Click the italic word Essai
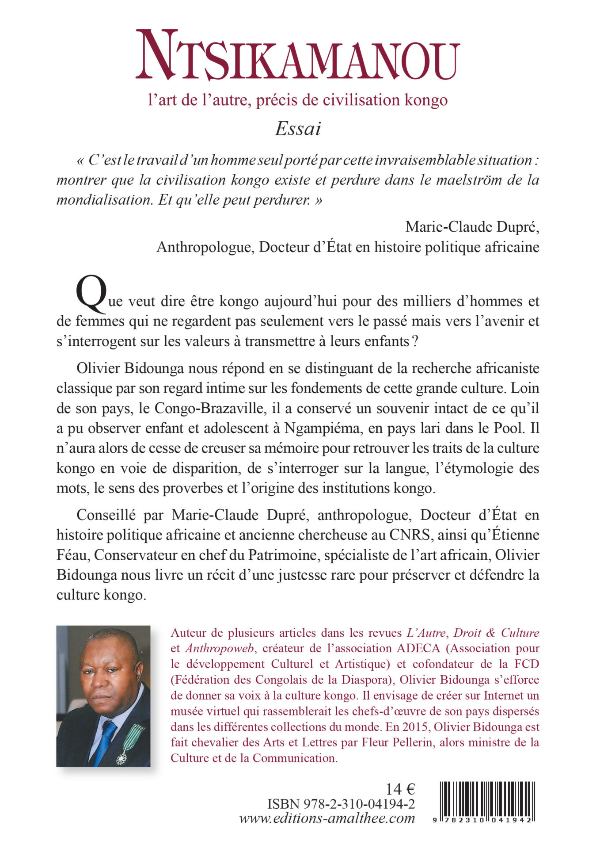click(x=298, y=129)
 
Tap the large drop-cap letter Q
click(x=91, y=294)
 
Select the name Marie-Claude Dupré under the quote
click(x=472, y=227)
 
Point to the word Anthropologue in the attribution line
click(x=205, y=247)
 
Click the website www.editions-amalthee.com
click(x=327, y=818)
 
